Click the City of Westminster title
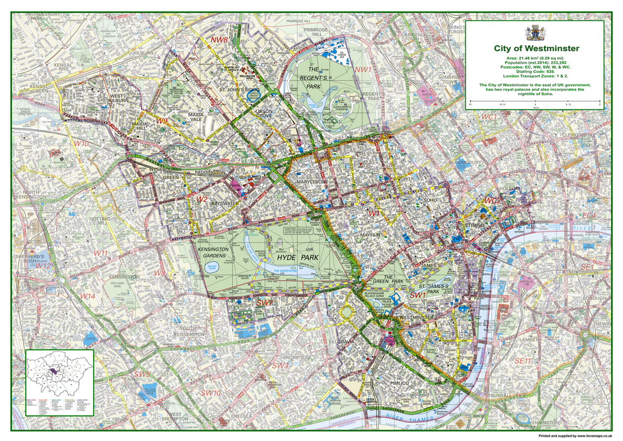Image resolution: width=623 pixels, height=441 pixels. click(x=537, y=48)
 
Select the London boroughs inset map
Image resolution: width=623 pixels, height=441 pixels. click(x=60, y=382)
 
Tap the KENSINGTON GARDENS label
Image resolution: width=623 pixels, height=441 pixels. click(x=220, y=252)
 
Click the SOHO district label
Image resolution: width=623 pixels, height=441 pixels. click(x=431, y=200)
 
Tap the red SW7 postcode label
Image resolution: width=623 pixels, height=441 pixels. click(x=264, y=303)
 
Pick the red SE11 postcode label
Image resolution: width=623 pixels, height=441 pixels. click(x=523, y=360)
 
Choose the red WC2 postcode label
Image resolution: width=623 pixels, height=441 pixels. click(x=491, y=200)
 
